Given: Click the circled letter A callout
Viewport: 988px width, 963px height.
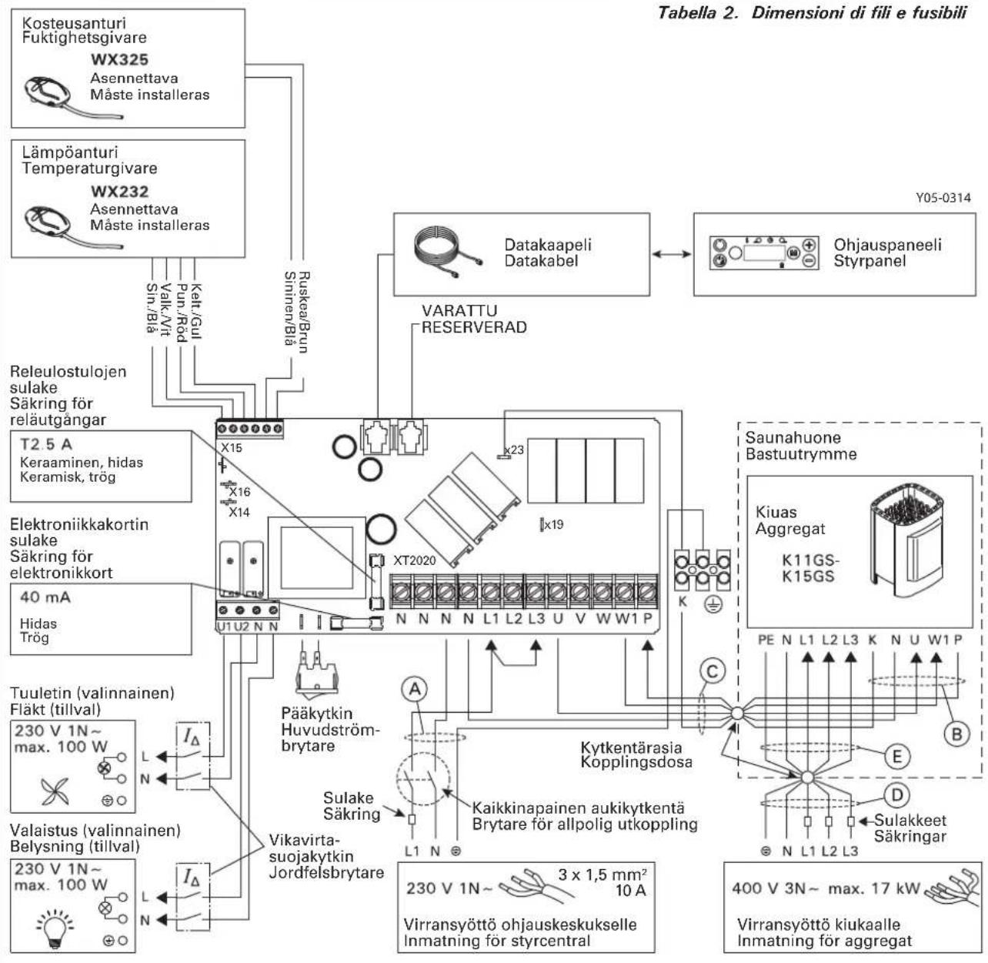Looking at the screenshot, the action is pos(415,689).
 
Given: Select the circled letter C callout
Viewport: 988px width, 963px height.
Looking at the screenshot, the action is pos(712,671).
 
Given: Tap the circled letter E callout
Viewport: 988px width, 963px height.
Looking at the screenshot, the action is pos(896,757).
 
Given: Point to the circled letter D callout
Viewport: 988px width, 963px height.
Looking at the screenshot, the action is pos(896,795).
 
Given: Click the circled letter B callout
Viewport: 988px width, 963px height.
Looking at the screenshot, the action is pos(957,734).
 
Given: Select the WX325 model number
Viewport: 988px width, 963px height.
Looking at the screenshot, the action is pos(120,59).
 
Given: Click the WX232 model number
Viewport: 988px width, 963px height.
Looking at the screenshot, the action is pos(120,191).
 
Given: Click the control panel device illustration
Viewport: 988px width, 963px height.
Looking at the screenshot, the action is pos(763,252).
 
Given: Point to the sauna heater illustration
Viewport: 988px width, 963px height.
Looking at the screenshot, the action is pos(906,541).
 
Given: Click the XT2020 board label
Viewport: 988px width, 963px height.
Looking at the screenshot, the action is pos(414,560).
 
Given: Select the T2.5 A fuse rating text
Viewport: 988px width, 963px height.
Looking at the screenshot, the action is pos(45,444).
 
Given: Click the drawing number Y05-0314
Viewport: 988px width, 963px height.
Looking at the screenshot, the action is pos(943,198).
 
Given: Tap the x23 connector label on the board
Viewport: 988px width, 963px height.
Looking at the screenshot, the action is pos(513,450).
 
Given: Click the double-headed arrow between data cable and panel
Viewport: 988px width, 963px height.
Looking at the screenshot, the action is pos(671,253).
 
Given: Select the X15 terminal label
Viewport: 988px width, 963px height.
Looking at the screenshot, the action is pos(232,448).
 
